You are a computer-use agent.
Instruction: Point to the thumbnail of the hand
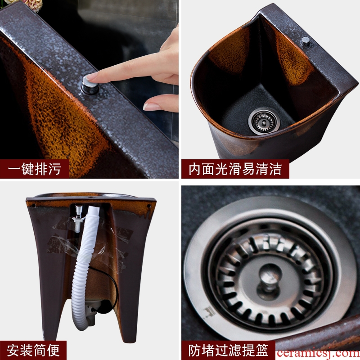pos(152,107)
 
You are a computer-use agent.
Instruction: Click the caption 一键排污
pos(35,169)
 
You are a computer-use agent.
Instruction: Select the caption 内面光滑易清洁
pos(235,169)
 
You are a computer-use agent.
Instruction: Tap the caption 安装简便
pos(33,351)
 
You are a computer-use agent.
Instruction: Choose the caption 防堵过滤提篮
pos(229,351)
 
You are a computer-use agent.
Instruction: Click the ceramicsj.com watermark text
pos(318,354)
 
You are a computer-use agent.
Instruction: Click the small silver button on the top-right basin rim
pos(306,41)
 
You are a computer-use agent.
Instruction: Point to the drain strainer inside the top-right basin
pos(264,121)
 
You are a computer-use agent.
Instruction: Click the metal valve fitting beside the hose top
pos(77,218)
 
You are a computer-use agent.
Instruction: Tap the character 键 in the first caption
pos(28,169)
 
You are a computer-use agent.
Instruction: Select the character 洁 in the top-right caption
pos(275,169)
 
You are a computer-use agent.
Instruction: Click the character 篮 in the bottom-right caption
pos(262,351)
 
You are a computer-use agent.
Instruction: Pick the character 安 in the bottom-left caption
pos(13,351)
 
